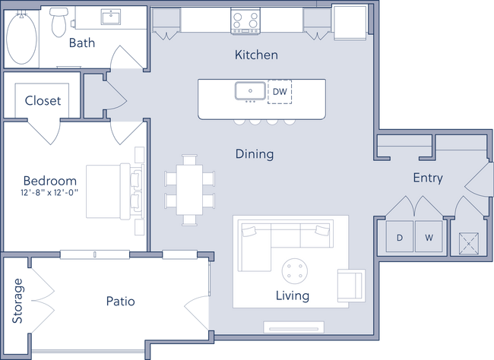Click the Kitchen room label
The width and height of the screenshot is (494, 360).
tap(256, 55)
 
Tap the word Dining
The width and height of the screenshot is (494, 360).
tap(254, 154)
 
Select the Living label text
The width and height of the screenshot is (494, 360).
tap(293, 295)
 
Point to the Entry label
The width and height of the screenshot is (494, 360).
tap(427, 178)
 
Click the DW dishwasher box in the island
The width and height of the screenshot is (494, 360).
tap(280, 92)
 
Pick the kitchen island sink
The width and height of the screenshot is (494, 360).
tap(250, 92)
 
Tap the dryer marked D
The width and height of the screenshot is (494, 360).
tap(400, 238)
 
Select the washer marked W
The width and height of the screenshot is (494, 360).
tap(429, 238)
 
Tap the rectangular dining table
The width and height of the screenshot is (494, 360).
tap(189, 189)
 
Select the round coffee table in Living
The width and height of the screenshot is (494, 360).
tap(294, 270)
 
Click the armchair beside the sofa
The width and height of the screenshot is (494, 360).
tap(350, 286)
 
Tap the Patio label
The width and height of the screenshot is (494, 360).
tap(120, 302)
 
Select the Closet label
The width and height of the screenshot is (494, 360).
tap(42, 100)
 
